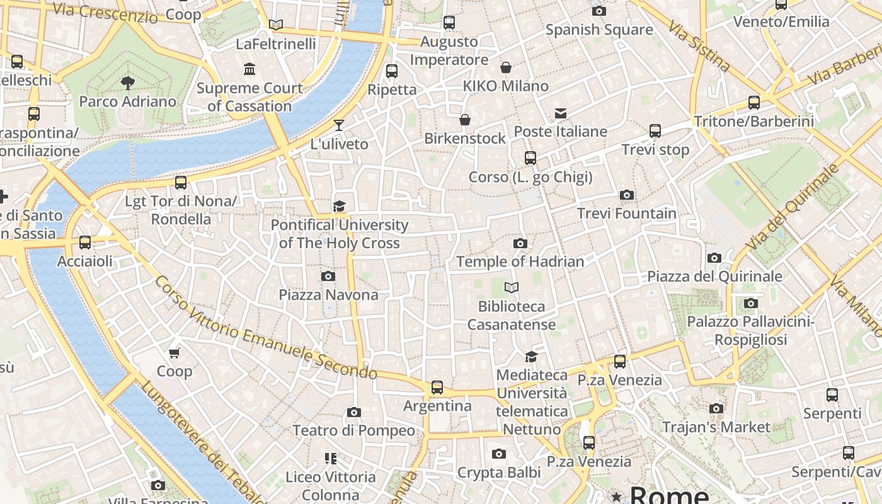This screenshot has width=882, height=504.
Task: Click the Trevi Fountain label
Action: pos(626,214)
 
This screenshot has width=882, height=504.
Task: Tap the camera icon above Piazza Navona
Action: pos(328,276)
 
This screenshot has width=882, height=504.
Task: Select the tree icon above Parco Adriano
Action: pos(128,83)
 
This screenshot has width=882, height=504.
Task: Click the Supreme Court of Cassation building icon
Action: pos(249,69)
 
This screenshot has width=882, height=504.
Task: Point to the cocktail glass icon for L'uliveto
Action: pos(339,125)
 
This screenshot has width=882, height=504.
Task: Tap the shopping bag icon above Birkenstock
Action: pos(465,119)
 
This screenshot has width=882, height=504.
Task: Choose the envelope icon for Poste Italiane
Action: pos(560,113)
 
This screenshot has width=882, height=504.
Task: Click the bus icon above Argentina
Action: pos(437,387)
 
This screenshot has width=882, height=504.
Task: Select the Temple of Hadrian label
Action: pos(520,261)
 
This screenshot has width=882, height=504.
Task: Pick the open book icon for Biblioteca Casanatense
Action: pos(512,288)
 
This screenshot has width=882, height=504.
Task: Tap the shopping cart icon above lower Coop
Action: pos(175,353)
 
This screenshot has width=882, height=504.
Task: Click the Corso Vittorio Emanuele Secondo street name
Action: pos(265,328)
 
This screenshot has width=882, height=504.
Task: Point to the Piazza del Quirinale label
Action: pos(714,277)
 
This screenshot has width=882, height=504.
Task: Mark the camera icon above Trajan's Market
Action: pos(716,408)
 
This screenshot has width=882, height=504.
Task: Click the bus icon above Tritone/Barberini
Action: pos(753,102)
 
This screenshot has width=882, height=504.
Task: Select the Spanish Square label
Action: pos(598,30)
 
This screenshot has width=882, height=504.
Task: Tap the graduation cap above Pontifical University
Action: pos(340,206)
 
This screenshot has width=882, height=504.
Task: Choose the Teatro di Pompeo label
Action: pos(353,431)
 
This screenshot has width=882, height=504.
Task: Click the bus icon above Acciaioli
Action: pos(85,243)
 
